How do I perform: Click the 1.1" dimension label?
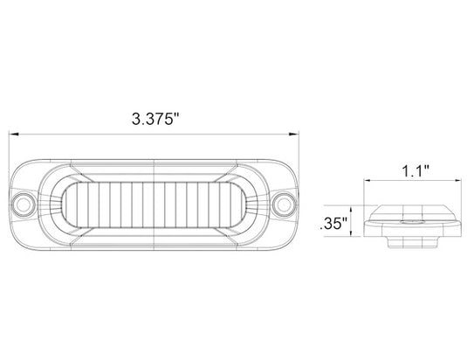(415, 171)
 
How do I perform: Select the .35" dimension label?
(333, 224)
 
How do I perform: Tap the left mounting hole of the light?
(23, 204)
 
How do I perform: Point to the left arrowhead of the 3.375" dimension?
(14, 135)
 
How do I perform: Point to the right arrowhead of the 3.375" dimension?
(293, 135)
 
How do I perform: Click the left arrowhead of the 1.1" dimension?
(367, 180)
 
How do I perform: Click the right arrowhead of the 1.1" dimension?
(457, 180)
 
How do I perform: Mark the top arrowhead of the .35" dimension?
(352, 209)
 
